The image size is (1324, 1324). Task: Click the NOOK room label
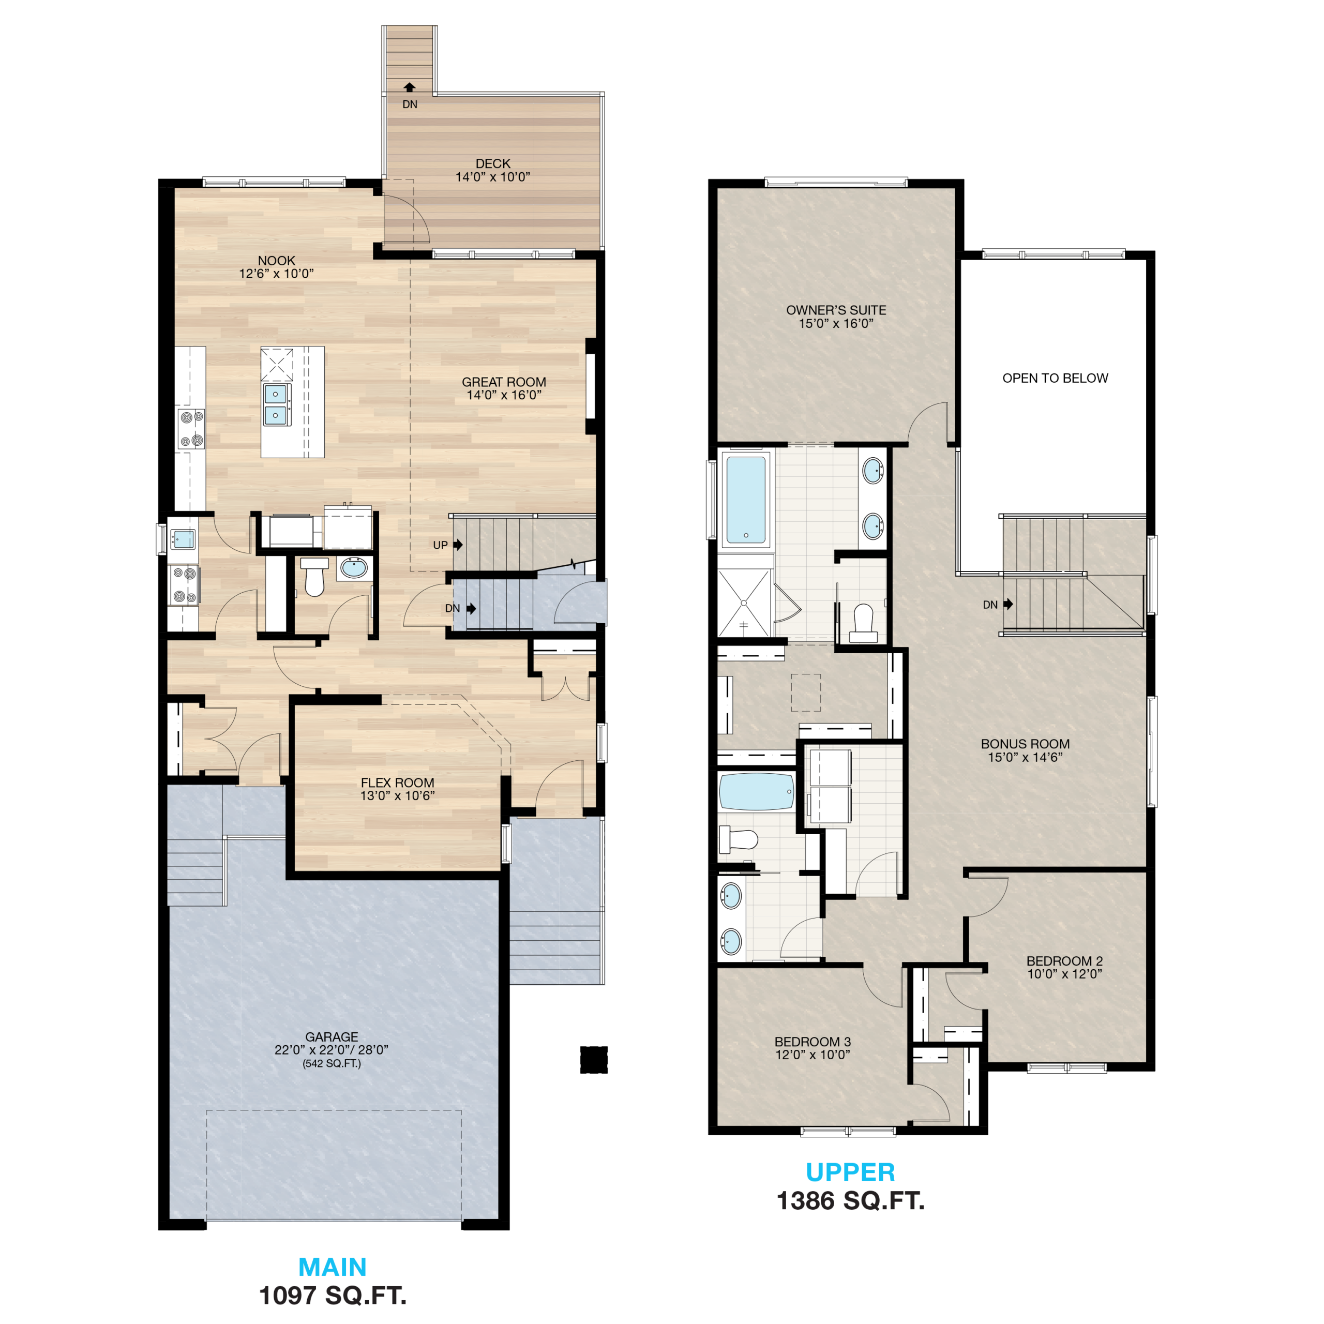(276, 261)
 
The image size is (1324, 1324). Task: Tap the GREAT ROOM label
(504, 382)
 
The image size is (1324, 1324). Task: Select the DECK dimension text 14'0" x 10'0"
(493, 177)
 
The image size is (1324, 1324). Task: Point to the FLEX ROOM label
(398, 783)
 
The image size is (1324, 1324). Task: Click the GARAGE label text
(332, 1037)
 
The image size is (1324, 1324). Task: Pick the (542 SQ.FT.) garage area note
(332, 1063)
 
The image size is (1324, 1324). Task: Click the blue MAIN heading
(333, 1267)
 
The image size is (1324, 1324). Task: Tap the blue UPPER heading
(850, 1172)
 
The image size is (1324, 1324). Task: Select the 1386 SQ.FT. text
(850, 1200)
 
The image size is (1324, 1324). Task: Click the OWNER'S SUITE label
(836, 310)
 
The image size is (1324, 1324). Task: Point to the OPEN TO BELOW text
(1056, 378)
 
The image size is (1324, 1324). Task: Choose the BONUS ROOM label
(1025, 744)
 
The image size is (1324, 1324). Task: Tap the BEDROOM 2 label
(1064, 961)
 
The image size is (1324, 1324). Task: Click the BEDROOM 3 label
(813, 1042)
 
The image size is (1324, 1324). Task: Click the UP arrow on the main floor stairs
(458, 545)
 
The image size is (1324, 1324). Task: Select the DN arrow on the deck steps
(409, 87)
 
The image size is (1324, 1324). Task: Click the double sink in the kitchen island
(276, 405)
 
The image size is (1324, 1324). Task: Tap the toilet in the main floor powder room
(314, 576)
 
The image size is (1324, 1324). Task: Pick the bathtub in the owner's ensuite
(746, 500)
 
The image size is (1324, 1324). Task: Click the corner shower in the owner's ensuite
(744, 603)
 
